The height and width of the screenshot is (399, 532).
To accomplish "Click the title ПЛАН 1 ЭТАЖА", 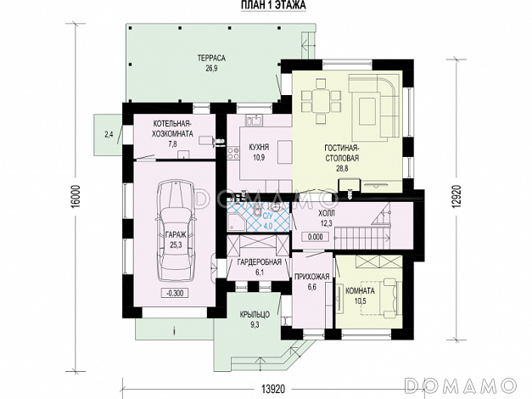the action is click(273, 5).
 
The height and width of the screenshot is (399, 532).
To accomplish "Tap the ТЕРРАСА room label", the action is click(211, 59).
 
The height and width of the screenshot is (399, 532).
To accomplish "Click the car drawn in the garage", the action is click(176, 231).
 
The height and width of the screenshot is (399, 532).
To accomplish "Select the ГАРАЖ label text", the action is click(176, 234).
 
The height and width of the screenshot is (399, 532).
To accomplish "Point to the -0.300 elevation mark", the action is click(175, 293).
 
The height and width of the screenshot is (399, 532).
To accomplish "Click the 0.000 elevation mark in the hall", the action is click(315, 237).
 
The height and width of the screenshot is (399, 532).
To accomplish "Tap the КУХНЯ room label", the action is click(259, 148).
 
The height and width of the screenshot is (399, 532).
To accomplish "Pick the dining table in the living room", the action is click(321, 101).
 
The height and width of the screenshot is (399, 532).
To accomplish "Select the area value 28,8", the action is click(342, 168).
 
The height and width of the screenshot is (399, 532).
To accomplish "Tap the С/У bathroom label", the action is click(267, 216).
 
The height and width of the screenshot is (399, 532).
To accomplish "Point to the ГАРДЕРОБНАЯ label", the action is click(260, 262).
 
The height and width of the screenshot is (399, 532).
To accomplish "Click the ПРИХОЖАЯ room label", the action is click(311, 277).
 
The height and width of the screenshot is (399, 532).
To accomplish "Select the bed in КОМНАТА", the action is click(380, 298).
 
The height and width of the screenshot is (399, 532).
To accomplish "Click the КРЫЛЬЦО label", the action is click(255, 315).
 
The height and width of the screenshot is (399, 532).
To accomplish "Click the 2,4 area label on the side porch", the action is click(109, 135).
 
